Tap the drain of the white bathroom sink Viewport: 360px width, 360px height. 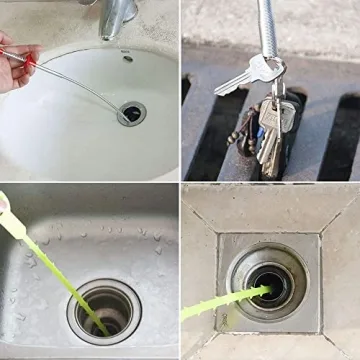coord(131,112)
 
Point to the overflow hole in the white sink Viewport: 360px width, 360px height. coord(127,59)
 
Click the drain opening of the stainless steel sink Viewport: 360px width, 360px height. coord(108,310)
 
